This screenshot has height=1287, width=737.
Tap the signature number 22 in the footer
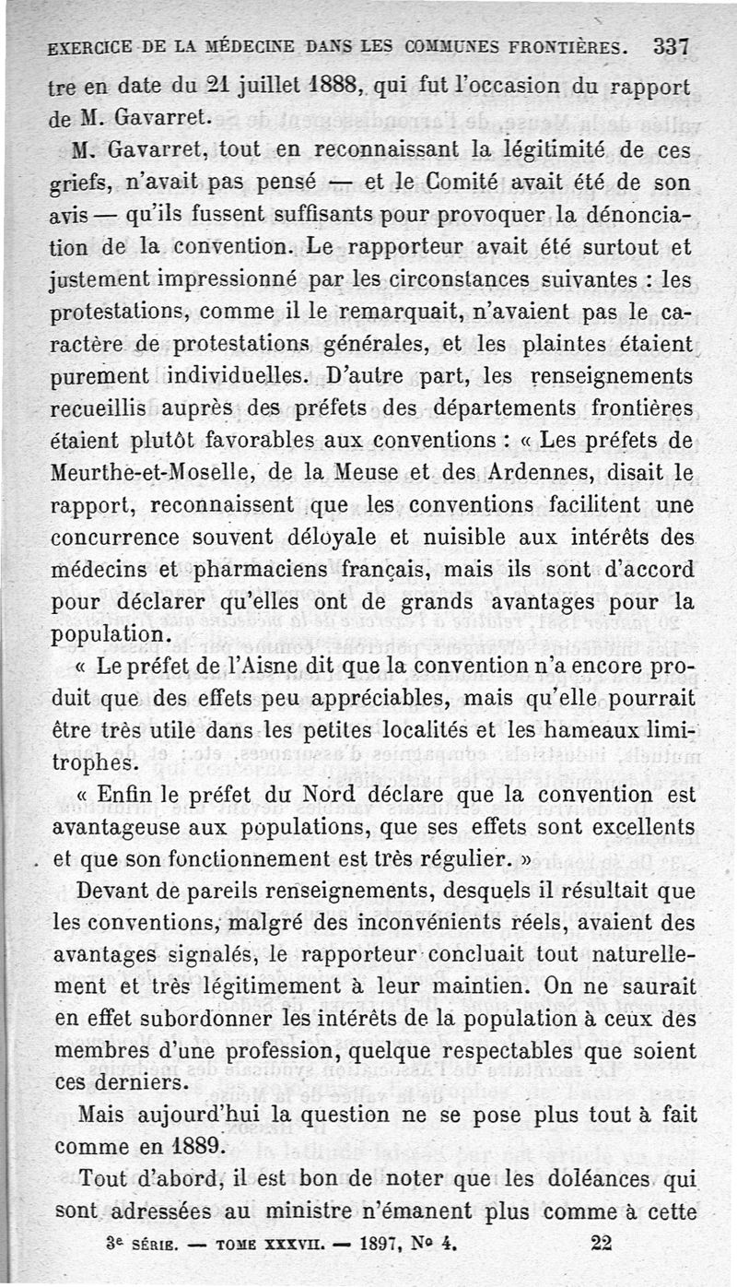(602, 1243)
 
